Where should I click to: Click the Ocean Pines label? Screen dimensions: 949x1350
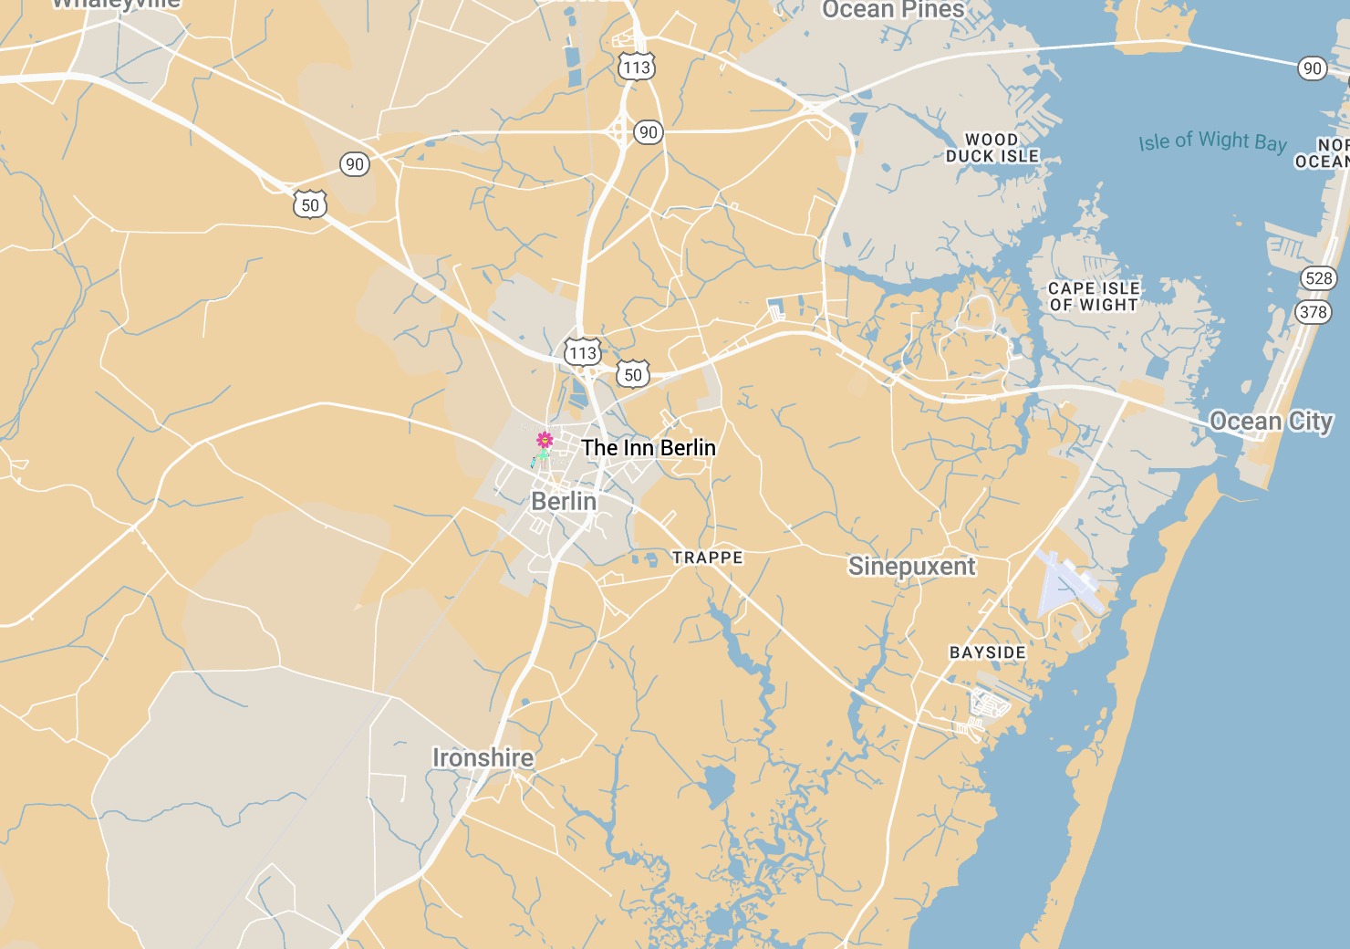click(893, 10)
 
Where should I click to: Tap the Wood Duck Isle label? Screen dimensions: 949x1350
click(992, 148)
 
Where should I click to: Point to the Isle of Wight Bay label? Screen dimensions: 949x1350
click(1212, 141)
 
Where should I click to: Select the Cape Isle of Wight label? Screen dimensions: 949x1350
click(1094, 297)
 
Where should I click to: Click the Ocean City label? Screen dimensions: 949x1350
click(1271, 422)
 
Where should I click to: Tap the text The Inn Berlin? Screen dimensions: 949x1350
click(649, 448)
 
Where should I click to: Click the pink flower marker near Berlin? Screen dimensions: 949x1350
click(545, 441)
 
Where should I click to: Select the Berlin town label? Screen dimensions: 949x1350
click(564, 501)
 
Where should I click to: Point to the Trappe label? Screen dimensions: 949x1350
click(708, 558)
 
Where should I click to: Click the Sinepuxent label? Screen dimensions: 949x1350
click(911, 567)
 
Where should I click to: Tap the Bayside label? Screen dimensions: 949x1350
click(988, 652)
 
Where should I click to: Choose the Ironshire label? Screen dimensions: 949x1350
click(483, 757)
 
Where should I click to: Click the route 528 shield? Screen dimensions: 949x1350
click(1319, 278)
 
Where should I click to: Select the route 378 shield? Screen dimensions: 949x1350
click(1314, 312)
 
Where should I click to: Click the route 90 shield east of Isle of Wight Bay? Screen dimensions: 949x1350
click(1312, 68)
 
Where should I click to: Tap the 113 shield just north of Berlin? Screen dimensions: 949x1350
click(582, 353)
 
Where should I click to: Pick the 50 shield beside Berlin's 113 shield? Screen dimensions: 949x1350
click(633, 374)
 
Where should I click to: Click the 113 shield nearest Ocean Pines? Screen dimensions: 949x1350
click(637, 68)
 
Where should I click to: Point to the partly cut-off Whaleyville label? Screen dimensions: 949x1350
click(116, 5)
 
